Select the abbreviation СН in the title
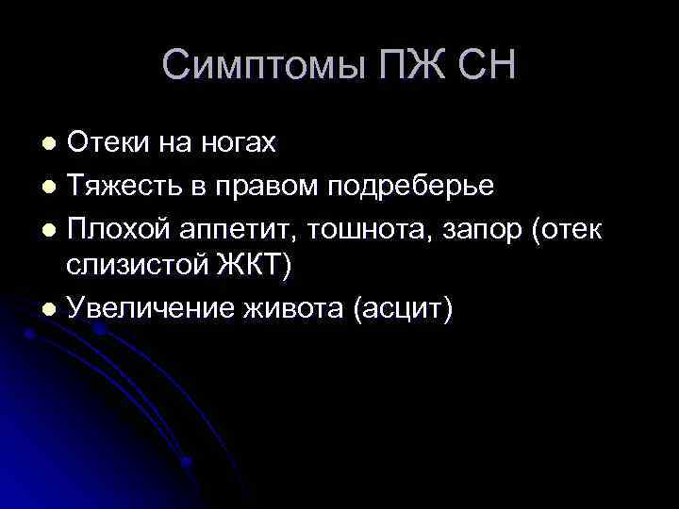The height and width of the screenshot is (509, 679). (x=487, y=66)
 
